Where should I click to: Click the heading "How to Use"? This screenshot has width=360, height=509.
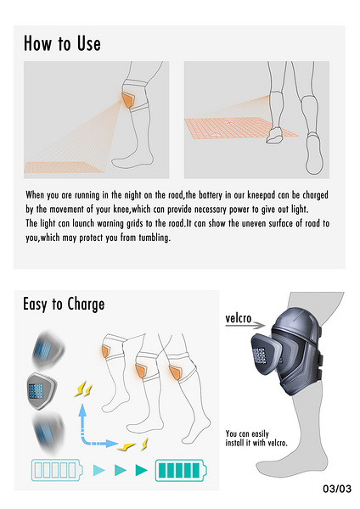click(x=62, y=43)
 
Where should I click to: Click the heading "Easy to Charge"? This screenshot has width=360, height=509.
click(x=64, y=305)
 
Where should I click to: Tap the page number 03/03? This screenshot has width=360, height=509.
click(x=337, y=489)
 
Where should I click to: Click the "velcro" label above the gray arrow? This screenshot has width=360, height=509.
click(x=239, y=318)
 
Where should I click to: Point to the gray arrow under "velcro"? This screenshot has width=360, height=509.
click(x=245, y=325)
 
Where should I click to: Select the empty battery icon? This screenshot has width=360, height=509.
click(x=57, y=470)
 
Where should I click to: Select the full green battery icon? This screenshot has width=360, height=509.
click(x=181, y=470)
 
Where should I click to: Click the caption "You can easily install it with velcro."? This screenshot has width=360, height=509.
click(x=256, y=439)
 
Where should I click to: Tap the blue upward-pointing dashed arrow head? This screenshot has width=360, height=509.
click(x=82, y=410)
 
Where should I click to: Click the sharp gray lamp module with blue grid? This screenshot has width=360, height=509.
click(x=42, y=391)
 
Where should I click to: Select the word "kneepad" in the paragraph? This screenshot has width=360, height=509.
click(x=262, y=195)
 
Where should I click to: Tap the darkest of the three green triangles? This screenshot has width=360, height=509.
click(x=141, y=470)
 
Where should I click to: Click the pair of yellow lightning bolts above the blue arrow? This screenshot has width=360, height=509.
click(x=83, y=389)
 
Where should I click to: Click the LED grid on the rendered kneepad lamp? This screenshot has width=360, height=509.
click(x=259, y=355)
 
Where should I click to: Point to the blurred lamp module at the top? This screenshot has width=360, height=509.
click(x=48, y=350)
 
